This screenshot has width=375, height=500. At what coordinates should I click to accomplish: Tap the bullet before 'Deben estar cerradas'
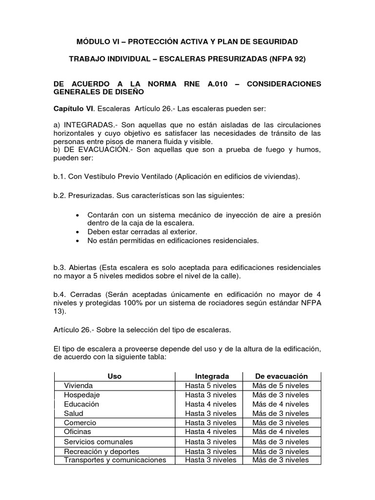(x=79, y=232)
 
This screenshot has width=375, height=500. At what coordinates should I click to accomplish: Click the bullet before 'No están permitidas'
(x=79, y=241)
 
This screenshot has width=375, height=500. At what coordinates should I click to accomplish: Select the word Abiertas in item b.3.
(x=83, y=268)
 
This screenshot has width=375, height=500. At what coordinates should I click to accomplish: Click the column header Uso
(x=114, y=376)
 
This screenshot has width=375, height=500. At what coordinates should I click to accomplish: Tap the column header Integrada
(x=211, y=376)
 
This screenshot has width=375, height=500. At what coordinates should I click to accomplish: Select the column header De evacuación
(x=281, y=376)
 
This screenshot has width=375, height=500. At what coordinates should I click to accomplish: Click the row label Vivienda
(x=78, y=385)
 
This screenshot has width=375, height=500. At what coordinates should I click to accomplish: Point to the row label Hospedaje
(x=82, y=395)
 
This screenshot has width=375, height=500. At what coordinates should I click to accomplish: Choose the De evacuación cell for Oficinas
(x=280, y=432)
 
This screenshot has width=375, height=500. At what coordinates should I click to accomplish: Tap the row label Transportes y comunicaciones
(x=115, y=460)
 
